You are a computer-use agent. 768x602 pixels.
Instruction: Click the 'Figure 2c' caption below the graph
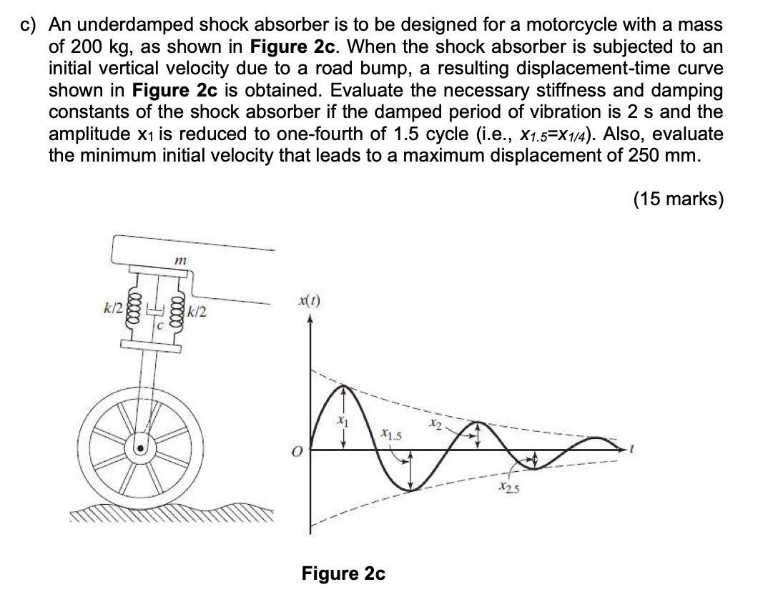tap(343, 573)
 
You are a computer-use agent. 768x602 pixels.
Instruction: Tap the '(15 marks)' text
tap(678, 198)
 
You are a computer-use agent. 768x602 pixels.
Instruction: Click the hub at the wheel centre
tap(142, 449)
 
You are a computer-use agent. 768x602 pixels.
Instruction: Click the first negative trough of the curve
tap(411, 490)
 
